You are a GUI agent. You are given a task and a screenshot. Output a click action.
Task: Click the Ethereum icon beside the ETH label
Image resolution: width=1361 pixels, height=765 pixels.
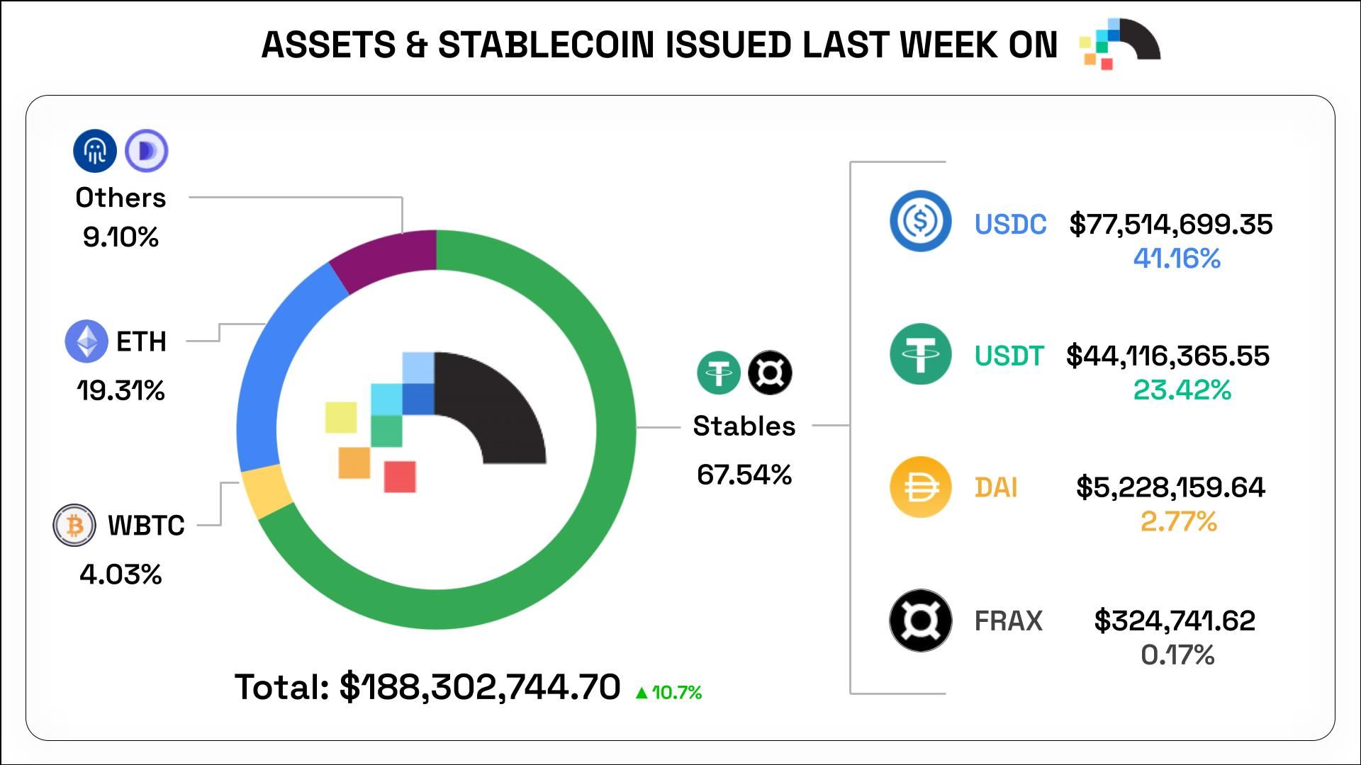click(86, 341)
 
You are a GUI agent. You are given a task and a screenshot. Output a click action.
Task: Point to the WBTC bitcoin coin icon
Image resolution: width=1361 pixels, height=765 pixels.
click(74, 525)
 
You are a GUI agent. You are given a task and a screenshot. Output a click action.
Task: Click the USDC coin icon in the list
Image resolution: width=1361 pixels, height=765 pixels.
click(920, 222)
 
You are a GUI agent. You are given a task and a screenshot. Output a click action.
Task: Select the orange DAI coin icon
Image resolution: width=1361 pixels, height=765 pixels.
click(920, 487)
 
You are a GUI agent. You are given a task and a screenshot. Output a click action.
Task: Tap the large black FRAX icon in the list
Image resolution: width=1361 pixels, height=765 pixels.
click(920, 620)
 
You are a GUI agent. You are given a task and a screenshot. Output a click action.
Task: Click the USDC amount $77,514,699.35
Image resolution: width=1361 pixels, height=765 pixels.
click(1171, 225)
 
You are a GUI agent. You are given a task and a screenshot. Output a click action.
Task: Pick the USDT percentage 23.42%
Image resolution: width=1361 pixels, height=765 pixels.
click(1182, 390)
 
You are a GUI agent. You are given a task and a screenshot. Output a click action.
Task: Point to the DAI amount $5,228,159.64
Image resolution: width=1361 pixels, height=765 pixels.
click(1170, 487)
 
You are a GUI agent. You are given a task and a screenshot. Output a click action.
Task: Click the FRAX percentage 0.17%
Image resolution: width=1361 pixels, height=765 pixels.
click(1177, 654)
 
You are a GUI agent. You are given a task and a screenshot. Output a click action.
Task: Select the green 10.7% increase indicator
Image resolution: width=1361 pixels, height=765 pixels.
click(669, 692)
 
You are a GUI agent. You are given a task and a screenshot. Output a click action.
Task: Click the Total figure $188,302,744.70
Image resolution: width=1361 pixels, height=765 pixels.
click(480, 687)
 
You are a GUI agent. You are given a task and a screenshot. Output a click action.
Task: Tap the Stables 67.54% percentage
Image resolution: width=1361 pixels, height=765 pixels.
click(744, 475)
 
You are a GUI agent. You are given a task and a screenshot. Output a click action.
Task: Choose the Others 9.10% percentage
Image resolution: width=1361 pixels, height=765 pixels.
click(121, 237)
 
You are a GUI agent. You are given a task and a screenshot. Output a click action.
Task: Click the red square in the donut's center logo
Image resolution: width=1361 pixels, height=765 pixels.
click(400, 476)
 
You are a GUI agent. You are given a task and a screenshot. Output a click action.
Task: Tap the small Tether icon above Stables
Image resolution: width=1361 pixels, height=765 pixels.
click(719, 373)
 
